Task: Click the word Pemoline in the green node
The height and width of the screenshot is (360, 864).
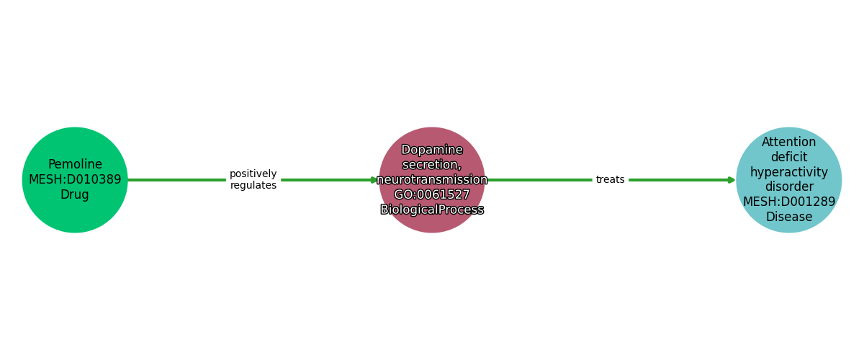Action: click(75, 164)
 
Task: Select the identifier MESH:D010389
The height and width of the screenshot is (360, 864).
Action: click(75, 179)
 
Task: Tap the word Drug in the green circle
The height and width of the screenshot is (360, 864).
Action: click(75, 194)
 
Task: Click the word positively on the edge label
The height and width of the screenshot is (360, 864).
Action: click(253, 174)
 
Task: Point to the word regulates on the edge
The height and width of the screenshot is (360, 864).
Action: click(253, 186)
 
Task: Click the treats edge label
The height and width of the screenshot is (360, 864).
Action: click(611, 179)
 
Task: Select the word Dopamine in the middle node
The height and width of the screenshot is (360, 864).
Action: click(432, 150)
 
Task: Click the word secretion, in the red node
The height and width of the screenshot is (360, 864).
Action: click(432, 165)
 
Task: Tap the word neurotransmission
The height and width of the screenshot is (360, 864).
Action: click(432, 180)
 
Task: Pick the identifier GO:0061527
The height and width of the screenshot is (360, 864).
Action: click(432, 194)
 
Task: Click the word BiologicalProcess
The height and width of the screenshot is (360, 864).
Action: click(432, 210)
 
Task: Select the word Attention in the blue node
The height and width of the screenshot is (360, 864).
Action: click(789, 142)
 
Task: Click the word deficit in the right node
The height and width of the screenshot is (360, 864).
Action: click(789, 157)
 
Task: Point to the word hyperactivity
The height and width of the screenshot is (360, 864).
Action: click(789, 172)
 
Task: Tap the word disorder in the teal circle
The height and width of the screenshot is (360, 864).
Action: click(789, 186)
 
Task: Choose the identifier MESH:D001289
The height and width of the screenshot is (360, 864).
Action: click(789, 202)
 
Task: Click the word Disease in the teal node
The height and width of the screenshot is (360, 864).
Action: click(789, 217)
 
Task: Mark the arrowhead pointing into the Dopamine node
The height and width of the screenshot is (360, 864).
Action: click(374, 180)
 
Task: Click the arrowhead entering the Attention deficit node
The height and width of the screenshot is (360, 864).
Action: click(732, 180)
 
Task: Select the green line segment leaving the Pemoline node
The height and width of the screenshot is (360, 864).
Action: click(176, 180)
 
